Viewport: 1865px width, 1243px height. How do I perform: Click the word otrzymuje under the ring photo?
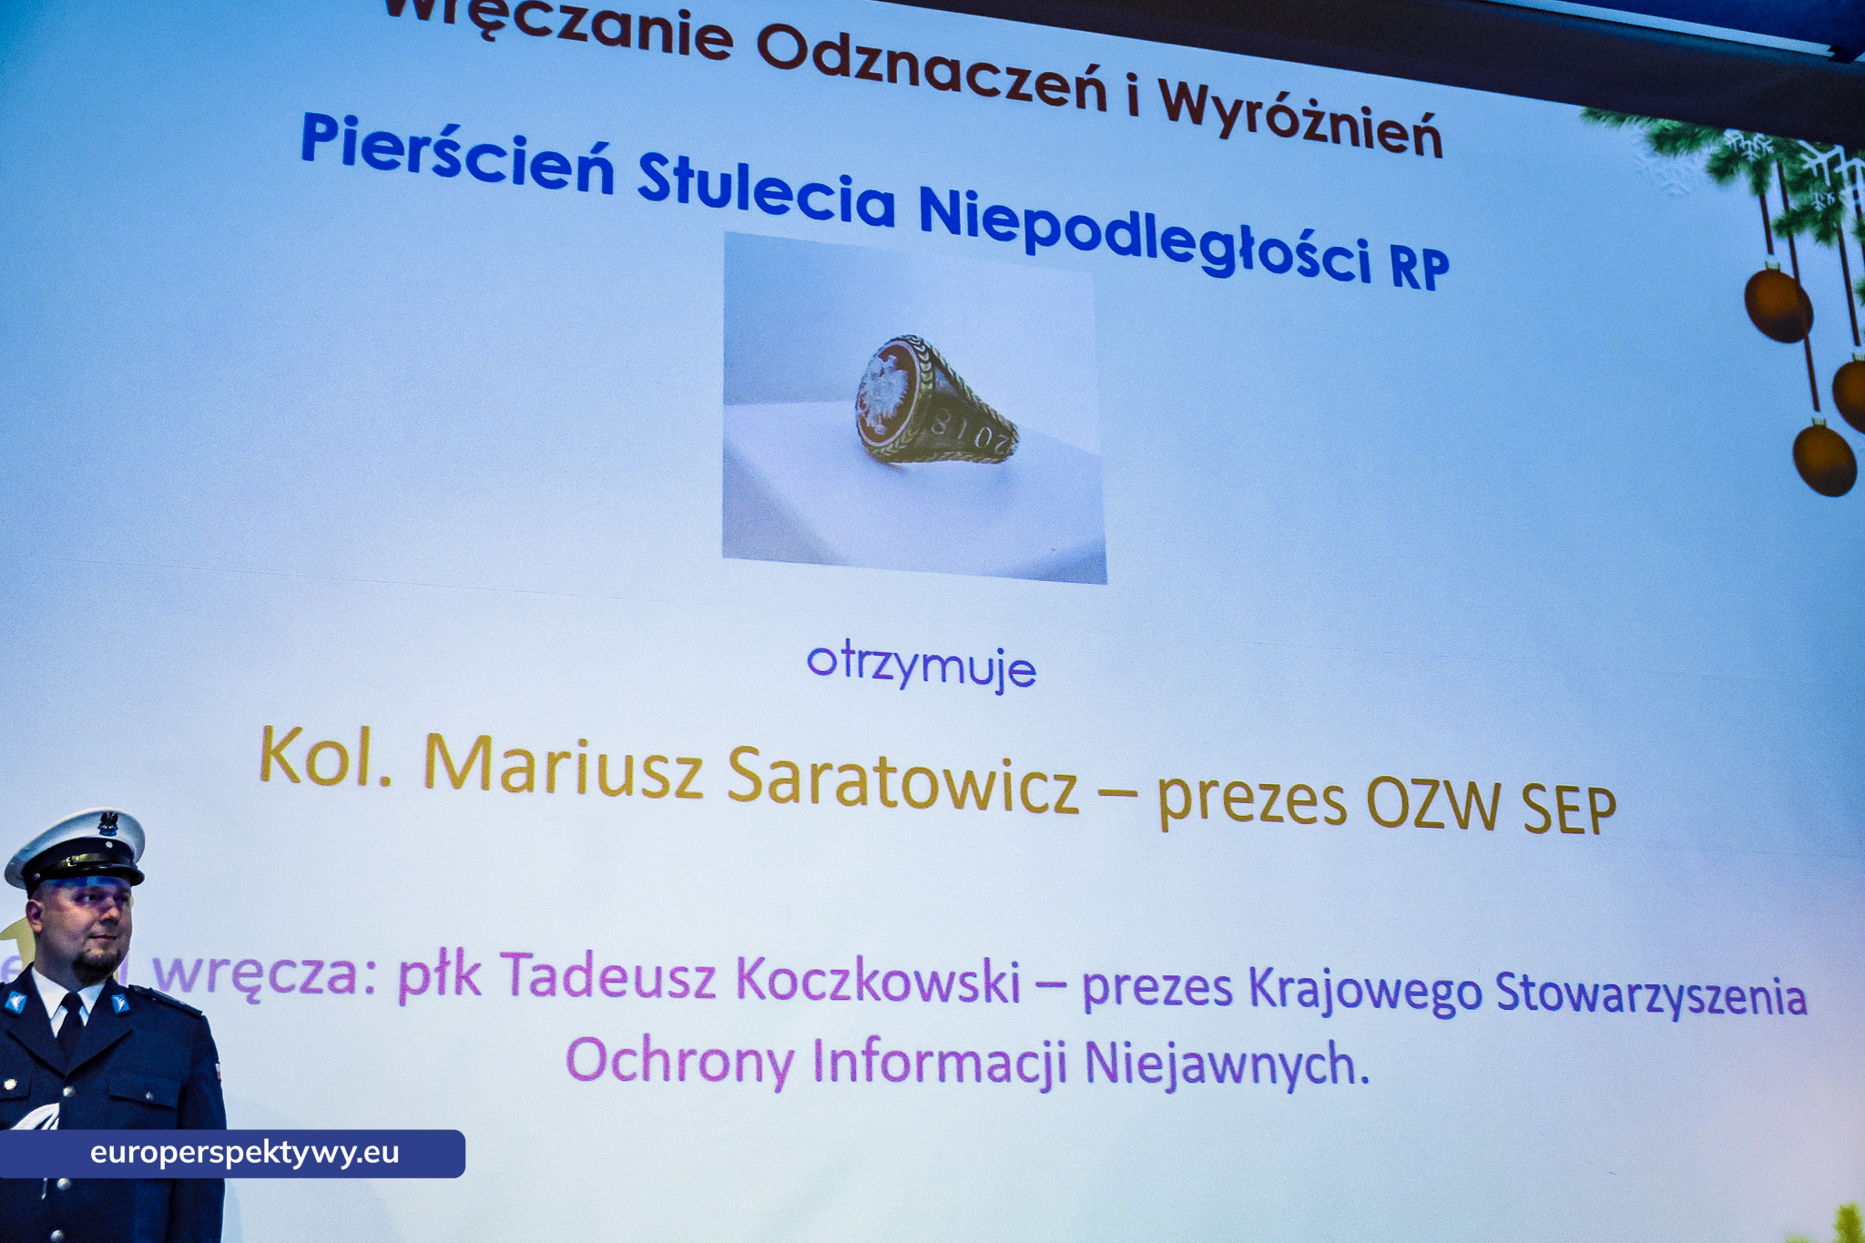922,667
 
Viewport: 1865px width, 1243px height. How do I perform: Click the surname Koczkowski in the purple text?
878,980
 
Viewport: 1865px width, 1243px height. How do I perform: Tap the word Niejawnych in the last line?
1227,1064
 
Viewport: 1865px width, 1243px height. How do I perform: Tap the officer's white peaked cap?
76,847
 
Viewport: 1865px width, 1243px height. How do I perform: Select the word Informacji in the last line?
939,1061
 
